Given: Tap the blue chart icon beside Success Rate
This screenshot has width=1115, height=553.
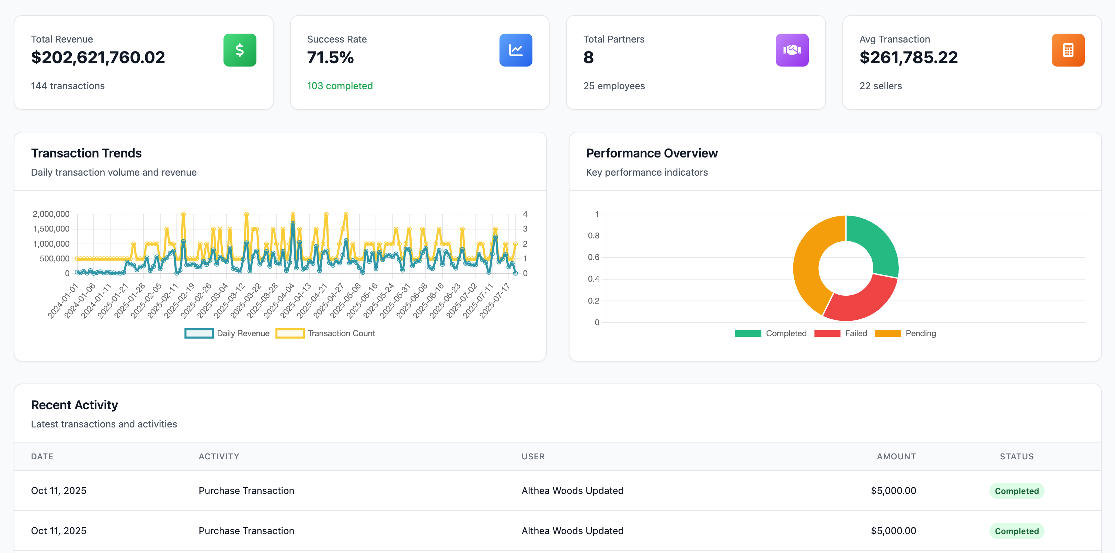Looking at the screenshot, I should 516,50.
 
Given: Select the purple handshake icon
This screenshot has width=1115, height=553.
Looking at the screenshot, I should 792,50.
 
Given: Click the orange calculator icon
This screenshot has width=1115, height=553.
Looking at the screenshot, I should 1068,50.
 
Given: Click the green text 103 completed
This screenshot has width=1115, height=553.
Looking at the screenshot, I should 340,86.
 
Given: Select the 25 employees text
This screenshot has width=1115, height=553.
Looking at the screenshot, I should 614,86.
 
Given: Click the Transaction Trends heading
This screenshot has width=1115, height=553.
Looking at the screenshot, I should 86,153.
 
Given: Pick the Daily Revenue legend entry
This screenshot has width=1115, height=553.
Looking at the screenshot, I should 227,333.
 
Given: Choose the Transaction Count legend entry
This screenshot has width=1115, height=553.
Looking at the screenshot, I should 325,333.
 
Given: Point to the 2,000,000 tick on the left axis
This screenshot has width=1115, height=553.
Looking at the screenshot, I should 51,214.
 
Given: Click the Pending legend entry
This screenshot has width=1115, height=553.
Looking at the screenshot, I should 906,333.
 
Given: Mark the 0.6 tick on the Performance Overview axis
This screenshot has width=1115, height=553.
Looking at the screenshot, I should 594,257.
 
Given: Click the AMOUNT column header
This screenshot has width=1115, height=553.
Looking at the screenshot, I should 896,456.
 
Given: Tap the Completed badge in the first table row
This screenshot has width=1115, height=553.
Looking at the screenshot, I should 1016,491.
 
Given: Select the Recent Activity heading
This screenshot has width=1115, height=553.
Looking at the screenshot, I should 74,404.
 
